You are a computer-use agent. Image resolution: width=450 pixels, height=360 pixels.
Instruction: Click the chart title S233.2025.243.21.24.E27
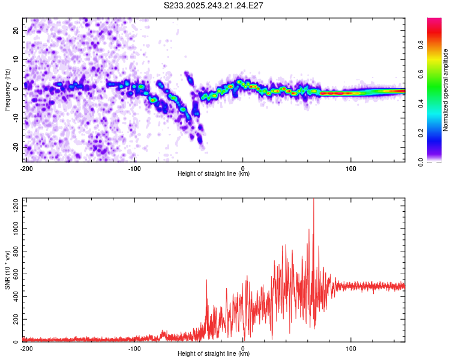click(214, 6)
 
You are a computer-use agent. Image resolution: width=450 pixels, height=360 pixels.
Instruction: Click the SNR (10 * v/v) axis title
click(7, 270)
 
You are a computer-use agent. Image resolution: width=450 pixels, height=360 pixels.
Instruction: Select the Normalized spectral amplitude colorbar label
click(446, 90)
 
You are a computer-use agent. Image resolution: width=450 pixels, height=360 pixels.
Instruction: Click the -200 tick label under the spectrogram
click(26, 168)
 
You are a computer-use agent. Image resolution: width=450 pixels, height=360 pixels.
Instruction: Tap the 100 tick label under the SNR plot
click(351, 349)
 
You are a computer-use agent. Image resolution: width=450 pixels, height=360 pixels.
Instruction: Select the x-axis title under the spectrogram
click(214, 174)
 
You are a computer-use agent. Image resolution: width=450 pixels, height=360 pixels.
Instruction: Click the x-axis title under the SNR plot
click(214, 354)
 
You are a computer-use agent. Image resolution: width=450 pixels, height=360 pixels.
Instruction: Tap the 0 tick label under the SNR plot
click(243, 349)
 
